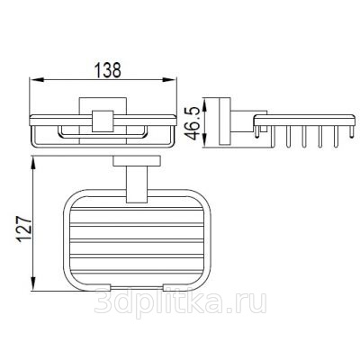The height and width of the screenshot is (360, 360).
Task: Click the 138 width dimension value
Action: (x=108, y=70)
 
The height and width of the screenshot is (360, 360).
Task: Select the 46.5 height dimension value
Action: (x=193, y=123)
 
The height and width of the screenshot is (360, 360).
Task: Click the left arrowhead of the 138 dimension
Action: (x=37, y=80)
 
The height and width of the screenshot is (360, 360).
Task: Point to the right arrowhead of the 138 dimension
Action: (x=170, y=80)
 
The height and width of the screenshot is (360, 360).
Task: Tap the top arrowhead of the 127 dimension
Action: (x=33, y=164)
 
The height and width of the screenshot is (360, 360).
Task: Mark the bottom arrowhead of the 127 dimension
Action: (x=33, y=283)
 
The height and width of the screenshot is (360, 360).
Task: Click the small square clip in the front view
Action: (x=103, y=121)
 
